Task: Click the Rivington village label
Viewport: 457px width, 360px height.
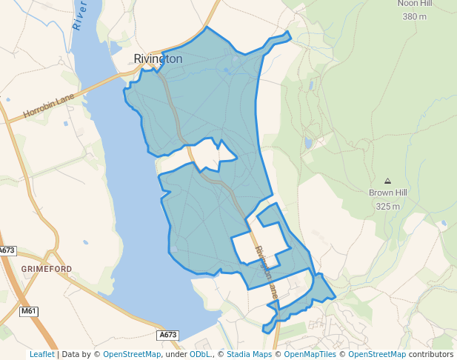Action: tap(158, 59)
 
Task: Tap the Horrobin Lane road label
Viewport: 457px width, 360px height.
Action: tap(49, 105)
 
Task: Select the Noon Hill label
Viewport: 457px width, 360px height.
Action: tap(415, 4)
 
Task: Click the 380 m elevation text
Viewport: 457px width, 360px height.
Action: tap(415, 16)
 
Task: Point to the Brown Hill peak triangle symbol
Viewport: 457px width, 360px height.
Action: tap(387, 181)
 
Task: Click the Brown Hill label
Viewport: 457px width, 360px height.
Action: tap(388, 193)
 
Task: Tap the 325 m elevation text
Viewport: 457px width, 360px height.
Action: tap(388, 206)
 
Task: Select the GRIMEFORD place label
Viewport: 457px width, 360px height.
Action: tap(47, 268)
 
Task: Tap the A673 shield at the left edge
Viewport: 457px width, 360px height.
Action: tap(7, 251)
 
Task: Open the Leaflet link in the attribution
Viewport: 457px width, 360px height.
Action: tap(41, 354)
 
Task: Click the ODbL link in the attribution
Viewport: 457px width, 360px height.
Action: tap(200, 354)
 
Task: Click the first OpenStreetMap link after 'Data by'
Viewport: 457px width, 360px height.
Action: tap(132, 354)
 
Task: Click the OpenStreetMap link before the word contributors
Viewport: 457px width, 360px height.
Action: tap(377, 354)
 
